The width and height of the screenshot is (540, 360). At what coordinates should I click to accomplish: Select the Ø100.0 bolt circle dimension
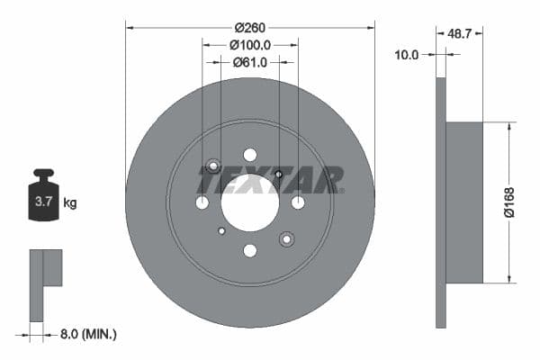[x=250, y=44]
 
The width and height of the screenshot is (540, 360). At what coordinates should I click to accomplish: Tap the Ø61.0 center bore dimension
[x=250, y=62]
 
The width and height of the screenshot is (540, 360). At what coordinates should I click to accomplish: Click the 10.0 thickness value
[x=407, y=55]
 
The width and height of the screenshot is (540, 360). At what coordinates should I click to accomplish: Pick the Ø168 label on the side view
[x=508, y=202]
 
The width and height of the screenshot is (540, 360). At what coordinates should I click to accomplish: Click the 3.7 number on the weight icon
[x=43, y=202]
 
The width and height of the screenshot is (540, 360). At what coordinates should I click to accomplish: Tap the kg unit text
[x=70, y=203]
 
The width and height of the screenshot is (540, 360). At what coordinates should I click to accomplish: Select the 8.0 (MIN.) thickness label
[x=82, y=334]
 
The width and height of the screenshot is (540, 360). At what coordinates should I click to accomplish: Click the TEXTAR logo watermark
[x=270, y=180]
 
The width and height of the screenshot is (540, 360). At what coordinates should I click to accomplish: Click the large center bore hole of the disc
[x=250, y=202]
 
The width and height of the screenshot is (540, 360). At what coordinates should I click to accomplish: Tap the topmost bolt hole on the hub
[x=250, y=155]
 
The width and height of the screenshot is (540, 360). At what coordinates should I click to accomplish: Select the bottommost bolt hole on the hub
[x=250, y=250]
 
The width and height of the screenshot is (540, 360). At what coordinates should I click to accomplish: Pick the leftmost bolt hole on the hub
[x=202, y=202]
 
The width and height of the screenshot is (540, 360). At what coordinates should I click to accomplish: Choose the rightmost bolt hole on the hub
[x=298, y=202]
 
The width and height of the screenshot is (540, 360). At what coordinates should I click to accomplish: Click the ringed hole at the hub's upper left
[x=213, y=166]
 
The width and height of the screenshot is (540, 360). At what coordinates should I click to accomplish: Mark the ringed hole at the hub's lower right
[x=287, y=238]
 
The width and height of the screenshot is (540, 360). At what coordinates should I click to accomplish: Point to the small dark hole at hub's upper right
[x=279, y=174]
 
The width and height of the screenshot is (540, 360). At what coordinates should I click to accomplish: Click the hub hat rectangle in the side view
[x=464, y=202]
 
